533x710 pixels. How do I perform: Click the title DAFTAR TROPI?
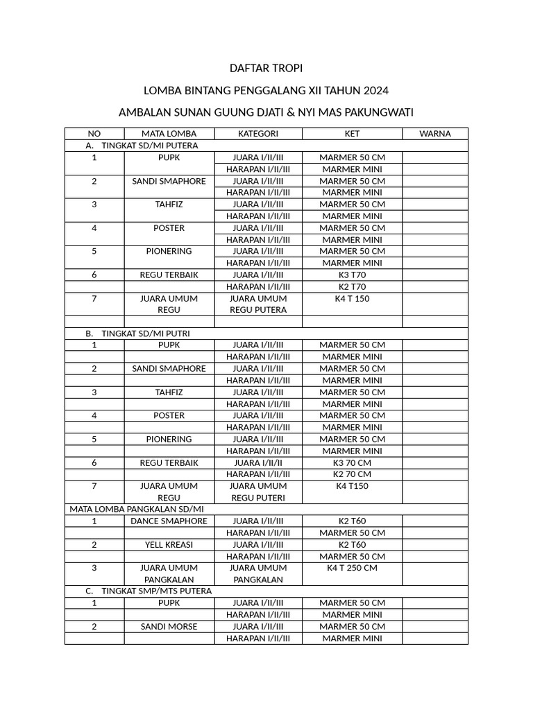[266, 69]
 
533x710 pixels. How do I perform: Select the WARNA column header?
[435, 134]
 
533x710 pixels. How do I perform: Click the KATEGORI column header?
[258, 134]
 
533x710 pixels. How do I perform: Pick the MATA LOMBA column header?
[169, 134]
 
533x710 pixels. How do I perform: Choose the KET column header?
[352, 134]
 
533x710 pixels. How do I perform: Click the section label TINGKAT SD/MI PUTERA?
[149, 146]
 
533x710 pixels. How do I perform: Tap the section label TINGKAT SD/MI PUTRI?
[146, 334]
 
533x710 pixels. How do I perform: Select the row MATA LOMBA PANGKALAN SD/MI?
[136, 509]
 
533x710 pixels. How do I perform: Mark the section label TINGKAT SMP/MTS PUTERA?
[156, 591]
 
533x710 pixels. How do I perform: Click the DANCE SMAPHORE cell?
[169, 521]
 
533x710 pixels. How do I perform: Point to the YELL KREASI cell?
[169, 544]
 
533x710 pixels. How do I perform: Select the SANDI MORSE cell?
[169, 627]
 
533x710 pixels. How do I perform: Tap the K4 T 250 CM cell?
[352, 568]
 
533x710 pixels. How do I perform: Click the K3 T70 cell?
[352, 275]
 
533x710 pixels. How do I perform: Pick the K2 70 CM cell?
[352, 474]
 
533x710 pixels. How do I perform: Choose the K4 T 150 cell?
[352, 298]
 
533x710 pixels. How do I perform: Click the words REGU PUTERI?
[258, 498]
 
